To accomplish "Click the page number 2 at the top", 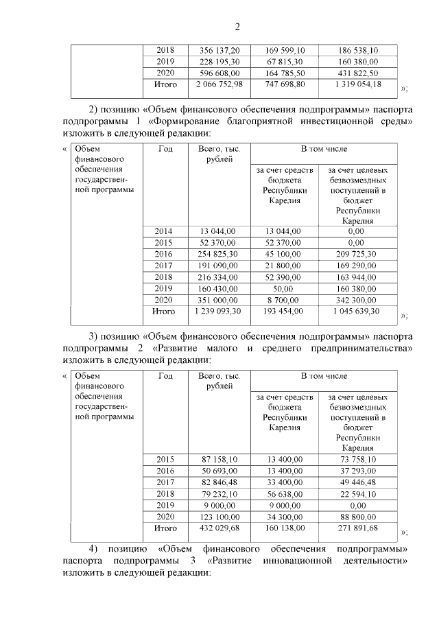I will (x=237, y=27).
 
